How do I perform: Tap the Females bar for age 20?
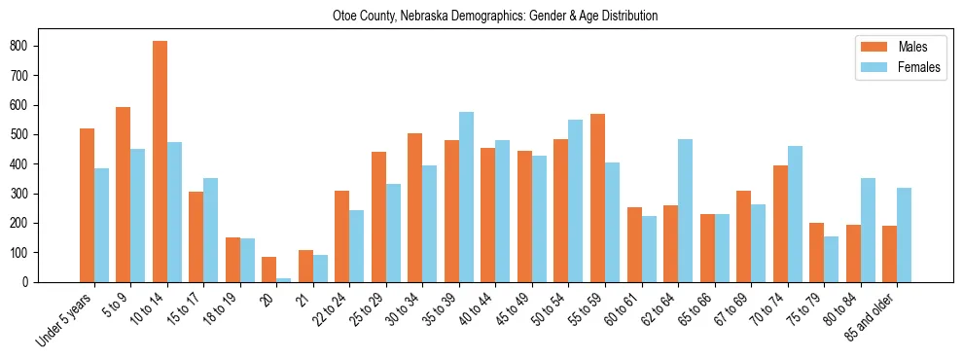(x=284, y=279)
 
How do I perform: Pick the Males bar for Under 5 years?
(x=87, y=205)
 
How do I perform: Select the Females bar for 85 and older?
(x=904, y=234)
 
